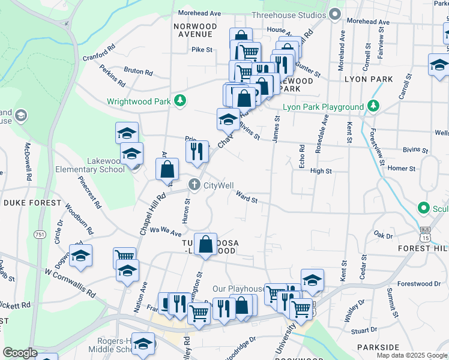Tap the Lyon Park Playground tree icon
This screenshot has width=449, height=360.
[374, 107]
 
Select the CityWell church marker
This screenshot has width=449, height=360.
[194, 185]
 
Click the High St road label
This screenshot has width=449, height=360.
[321, 171]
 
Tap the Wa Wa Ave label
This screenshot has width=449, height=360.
[166, 231]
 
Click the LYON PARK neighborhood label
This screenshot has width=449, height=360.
[369, 79]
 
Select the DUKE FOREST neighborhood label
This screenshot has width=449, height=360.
[32, 203]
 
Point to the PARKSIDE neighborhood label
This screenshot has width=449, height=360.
[378, 347]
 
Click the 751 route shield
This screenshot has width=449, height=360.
[40, 234]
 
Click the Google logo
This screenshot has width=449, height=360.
[20, 353]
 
